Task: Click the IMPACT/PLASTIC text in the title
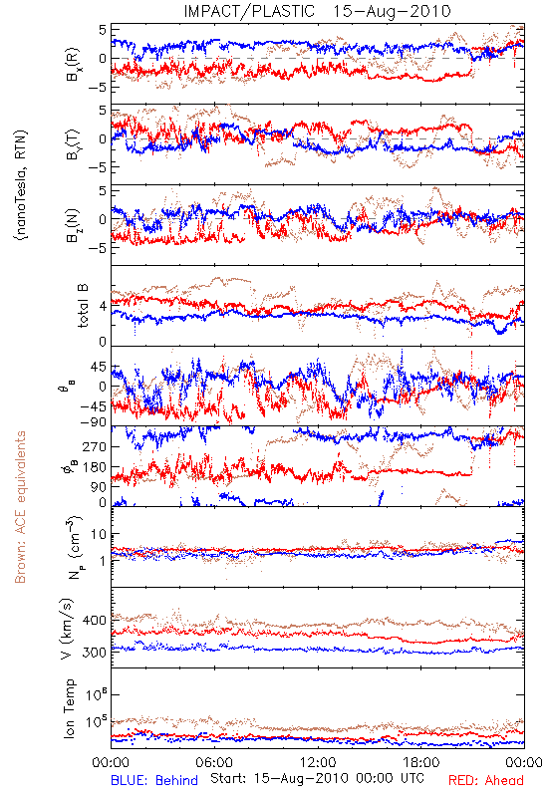249,11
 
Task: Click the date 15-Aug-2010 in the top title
392,11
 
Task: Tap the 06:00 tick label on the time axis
214,762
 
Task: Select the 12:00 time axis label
318,762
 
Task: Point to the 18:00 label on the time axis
421,762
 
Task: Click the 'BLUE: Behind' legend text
154,780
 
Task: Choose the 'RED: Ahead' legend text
485,780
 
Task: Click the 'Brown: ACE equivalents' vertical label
20,507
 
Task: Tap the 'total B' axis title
83,306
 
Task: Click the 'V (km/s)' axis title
67,630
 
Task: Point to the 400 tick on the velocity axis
94,620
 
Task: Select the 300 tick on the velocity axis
94,653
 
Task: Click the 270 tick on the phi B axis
94,446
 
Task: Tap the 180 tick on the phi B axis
94,467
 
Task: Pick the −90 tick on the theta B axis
92,421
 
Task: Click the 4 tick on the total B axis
103,306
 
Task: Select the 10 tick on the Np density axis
99,535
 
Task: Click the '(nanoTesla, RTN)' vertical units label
21,184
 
